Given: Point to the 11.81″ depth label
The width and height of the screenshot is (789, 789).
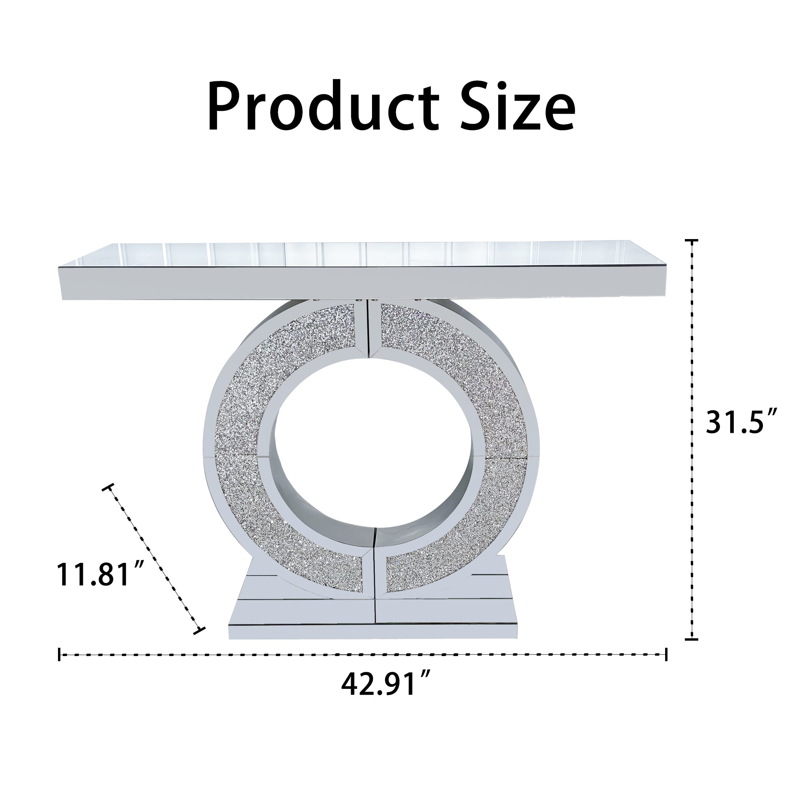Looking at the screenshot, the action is coord(101,574).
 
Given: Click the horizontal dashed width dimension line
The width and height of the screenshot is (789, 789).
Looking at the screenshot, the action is coord(363,654).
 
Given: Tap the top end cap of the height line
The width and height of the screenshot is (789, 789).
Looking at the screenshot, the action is coord(692,241).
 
